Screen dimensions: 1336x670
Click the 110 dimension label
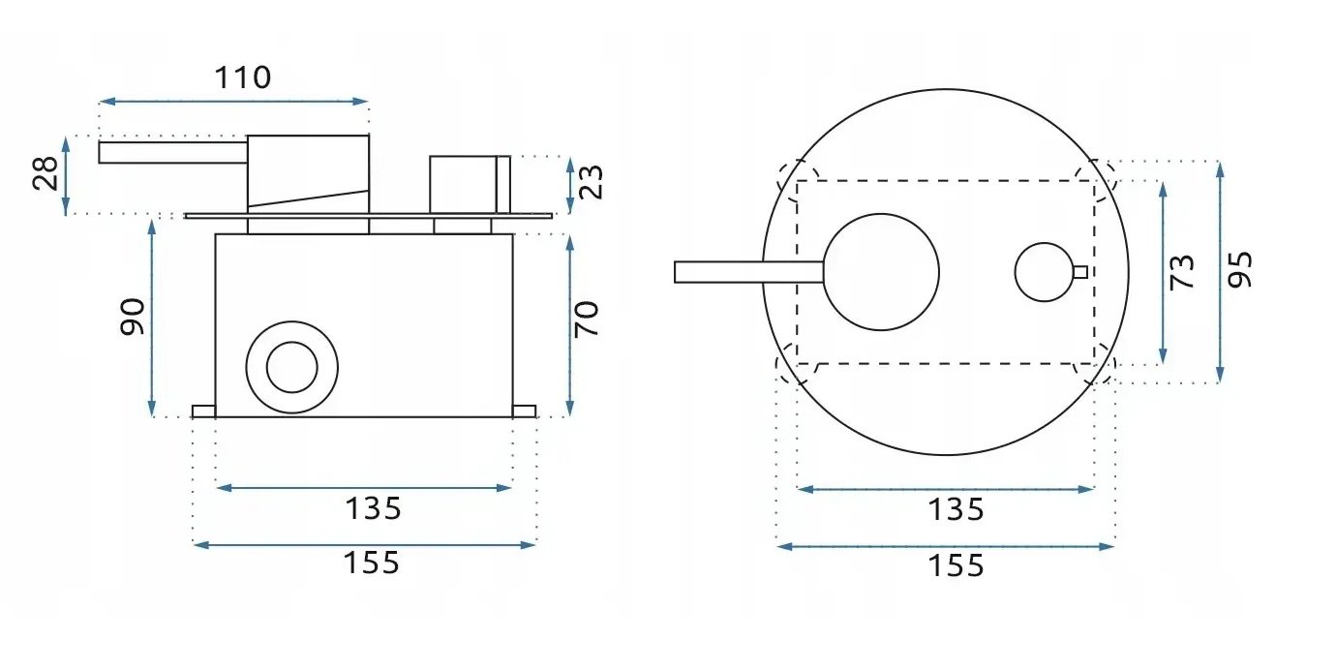click(243, 77)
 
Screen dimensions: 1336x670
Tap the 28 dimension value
click(46, 173)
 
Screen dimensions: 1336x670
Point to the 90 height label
click(133, 317)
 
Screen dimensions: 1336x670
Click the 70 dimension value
click(586, 320)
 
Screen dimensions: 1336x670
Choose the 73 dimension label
click(1181, 273)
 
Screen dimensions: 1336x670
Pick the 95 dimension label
click(1239, 270)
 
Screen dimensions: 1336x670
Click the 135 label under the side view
click(374, 509)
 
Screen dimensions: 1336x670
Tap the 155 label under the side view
click(372, 563)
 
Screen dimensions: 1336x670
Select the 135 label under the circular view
click(956, 510)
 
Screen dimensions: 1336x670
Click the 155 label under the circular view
click(956, 565)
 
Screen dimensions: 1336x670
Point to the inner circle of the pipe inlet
click(291, 368)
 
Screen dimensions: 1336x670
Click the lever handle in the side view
click(173, 152)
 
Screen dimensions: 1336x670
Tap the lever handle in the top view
click(749, 272)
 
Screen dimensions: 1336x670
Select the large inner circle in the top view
click(881, 272)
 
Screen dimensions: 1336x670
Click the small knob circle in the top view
click(1044, 272)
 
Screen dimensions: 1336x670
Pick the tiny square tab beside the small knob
click(1080, 272)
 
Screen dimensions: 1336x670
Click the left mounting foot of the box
click(203, 411)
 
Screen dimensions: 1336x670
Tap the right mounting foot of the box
click(525, 411)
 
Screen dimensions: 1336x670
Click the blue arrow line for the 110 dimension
click(234, 102)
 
